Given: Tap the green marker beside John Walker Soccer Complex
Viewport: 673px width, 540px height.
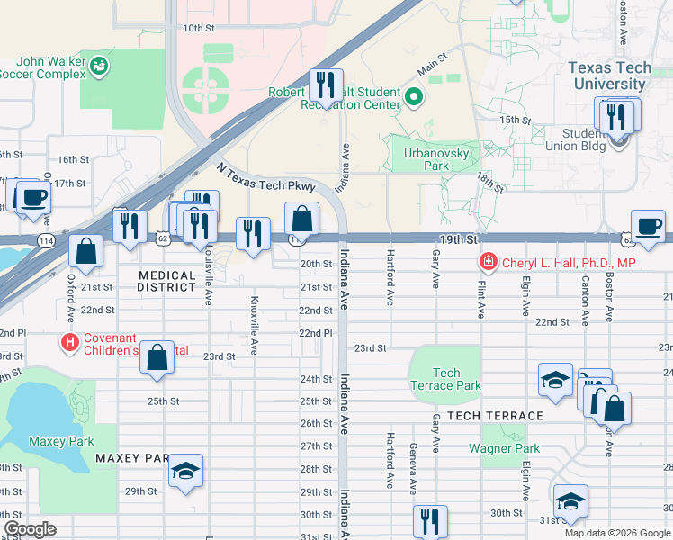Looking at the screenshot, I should tap(98, 66).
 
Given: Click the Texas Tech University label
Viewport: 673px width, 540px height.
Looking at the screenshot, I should tap(620, 76).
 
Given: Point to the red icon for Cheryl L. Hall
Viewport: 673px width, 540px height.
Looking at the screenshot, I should tap(488, 263).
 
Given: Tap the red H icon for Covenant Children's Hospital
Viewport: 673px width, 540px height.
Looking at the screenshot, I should tap(68, 342).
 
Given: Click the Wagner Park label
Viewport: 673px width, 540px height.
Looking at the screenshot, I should tap(504, 448).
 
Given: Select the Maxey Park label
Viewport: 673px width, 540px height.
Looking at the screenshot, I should tap(55, 441).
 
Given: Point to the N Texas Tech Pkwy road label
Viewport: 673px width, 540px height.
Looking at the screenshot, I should tap(265, 177).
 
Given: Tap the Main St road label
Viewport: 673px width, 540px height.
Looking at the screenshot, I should tap(432, 65).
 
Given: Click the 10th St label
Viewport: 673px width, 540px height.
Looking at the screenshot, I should tap(198, 28).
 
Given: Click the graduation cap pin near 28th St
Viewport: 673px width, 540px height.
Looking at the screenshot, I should tap(186, 471).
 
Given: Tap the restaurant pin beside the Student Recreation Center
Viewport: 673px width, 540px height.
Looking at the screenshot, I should tap(322, 85).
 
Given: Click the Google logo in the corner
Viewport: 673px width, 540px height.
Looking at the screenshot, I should tap(30, 529).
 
